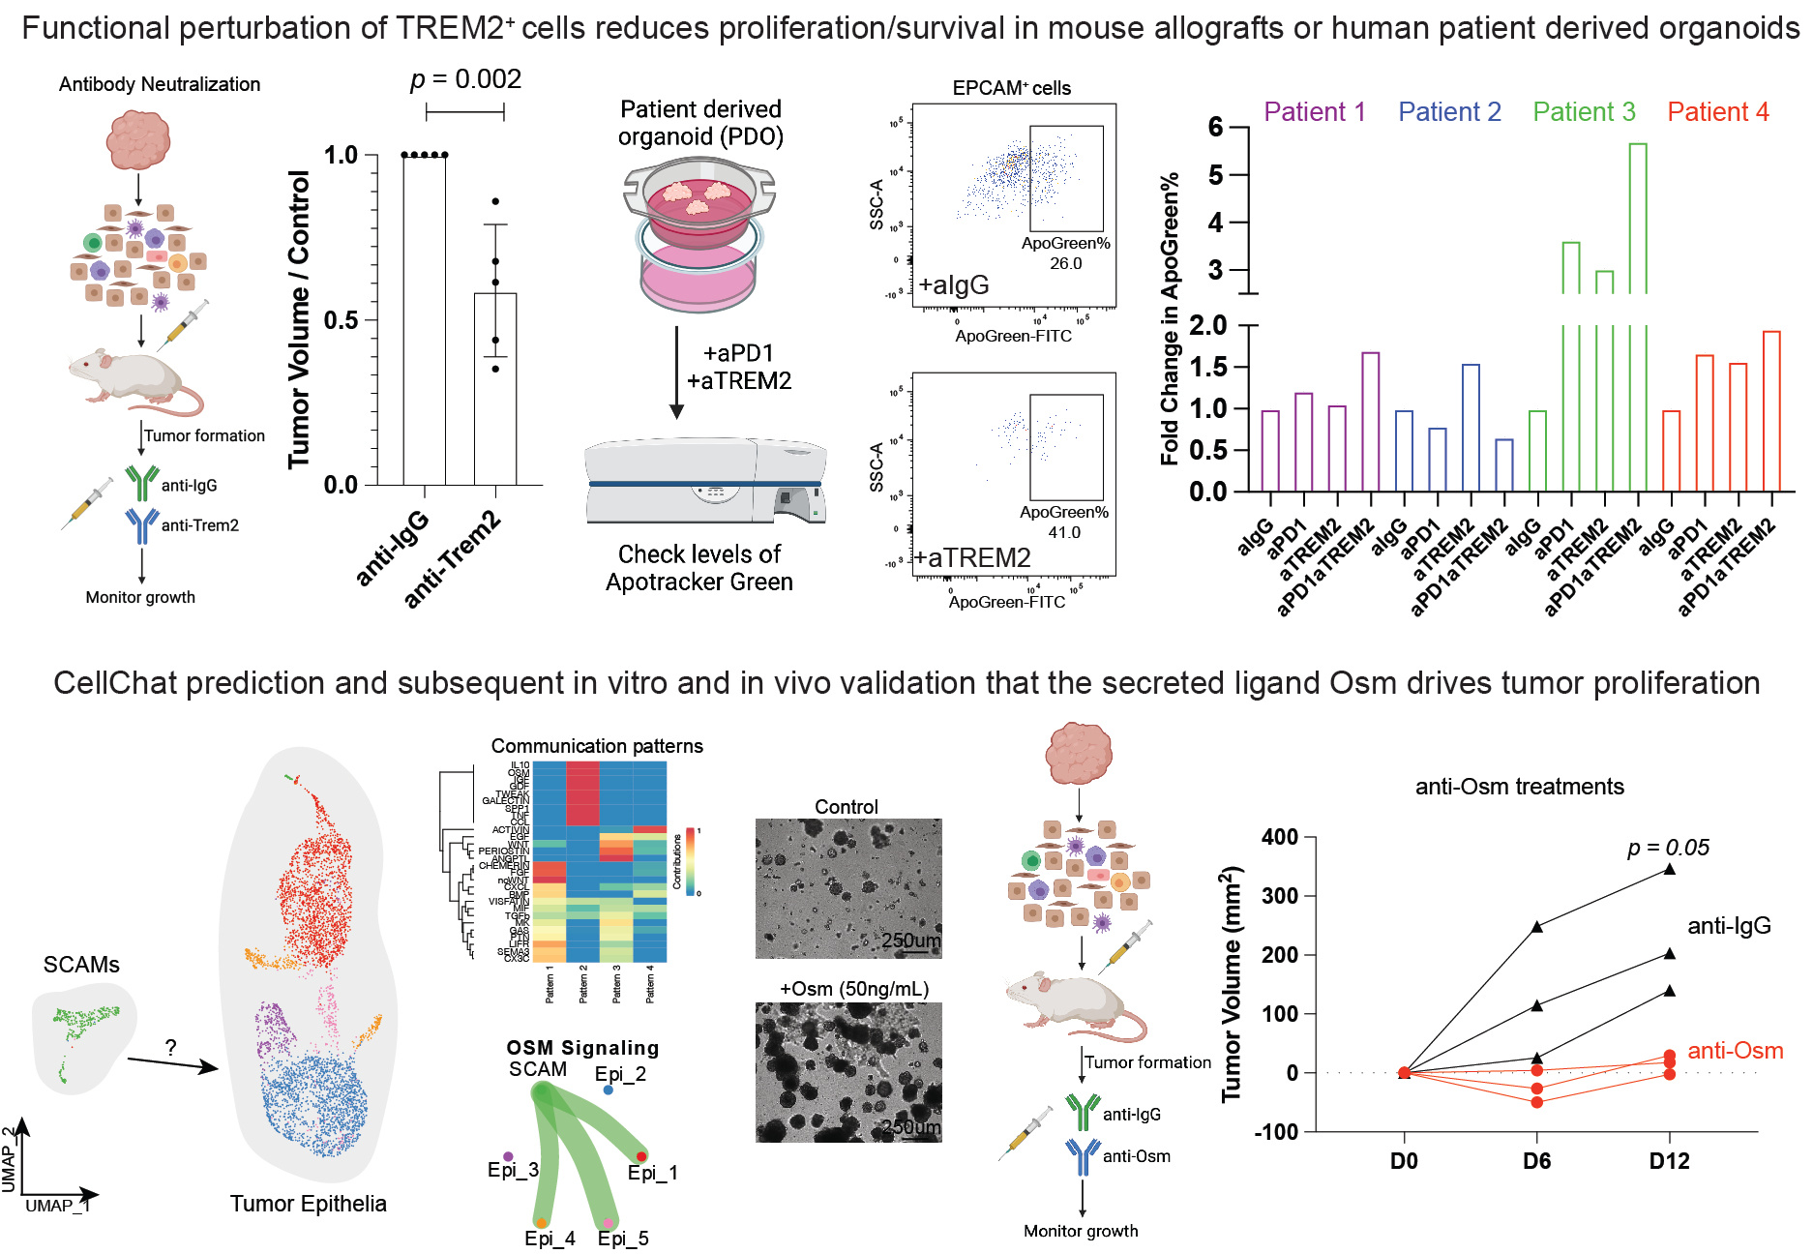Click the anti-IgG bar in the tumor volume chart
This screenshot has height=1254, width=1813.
pyautogui.click(x=424, y=319)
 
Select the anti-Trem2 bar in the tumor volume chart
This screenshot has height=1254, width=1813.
pyautogui.click(x=494, y=387)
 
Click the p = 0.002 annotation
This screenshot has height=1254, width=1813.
pyautogui.click(x=465, y=79)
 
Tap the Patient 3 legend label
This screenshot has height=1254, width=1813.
pyautogui.click(x=1584, y=112)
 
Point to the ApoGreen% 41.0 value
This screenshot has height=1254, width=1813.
pyautogui.click(x=1064, y=532)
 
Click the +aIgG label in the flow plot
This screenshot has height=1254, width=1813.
pyautogui.click(x=954, y=285)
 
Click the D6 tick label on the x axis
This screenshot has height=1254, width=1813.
pyautogui.click(x=1536, y=1161)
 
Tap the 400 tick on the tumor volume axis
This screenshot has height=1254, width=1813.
pyautogui.click(x=1279, y=837)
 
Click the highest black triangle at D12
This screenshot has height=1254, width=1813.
pyautogui.click(x=1669, y=869)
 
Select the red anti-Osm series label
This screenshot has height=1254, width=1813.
pyautogui.click(x=1735, y=1051)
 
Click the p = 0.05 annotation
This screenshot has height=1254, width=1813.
pyautogui.click(x=1668, y=848)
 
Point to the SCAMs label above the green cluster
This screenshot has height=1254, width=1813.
pyautogui.click(x=81, y=965)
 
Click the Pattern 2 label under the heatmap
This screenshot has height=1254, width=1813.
pyautogui.click(x=583, y=983)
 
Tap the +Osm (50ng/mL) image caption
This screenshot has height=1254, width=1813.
pyautogui.click(x=854, y=989)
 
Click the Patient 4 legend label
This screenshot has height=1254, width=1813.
pyautogui.click(x=1717, y=112)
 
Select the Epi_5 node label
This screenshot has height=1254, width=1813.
pyautogui.click(x=622, y=1239)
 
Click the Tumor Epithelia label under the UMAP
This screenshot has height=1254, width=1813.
pyautogui.click(x=308, y=1204)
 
